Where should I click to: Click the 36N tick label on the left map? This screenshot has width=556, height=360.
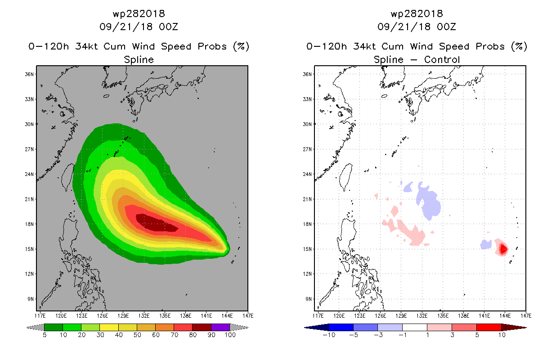pyautogui.click(x=30, y=74)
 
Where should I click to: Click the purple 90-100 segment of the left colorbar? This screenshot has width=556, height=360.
pyautogui.click(x=220, y=327)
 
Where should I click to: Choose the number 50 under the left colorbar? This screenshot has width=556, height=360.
pyautogui.click(x=137, y=335)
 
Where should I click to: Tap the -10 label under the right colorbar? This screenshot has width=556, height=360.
pyautogui.click(x=329, y=335)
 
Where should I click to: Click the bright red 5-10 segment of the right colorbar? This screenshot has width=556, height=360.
pyautogui.click(x=489, y=327)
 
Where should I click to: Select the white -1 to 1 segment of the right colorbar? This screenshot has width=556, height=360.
pyautogui.click(x=414, y=327)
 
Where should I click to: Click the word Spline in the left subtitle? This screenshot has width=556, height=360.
pyautogui.click(x=139, y=59)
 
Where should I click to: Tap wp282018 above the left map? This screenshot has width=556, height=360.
pyautogui.click(x=139, y=13)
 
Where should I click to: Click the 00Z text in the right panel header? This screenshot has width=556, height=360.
pyautogui.click(x=447, y=27)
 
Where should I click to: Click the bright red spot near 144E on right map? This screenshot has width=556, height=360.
pyautogui.click(x=503, y=248)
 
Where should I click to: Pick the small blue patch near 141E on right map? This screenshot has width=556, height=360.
pyautogui.click(x=486, y=244)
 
